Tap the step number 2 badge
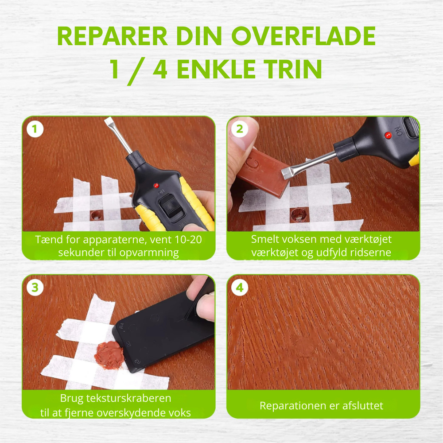point(240,129)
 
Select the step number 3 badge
point(35,288)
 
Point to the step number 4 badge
point(240,288)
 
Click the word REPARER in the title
point(113,37)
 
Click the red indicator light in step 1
point(155,185)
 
